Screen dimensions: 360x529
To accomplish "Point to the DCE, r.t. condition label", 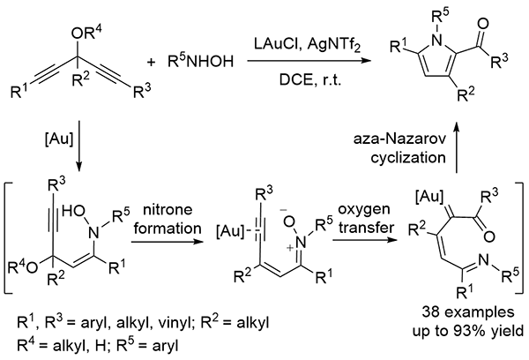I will [x=295, y=80].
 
